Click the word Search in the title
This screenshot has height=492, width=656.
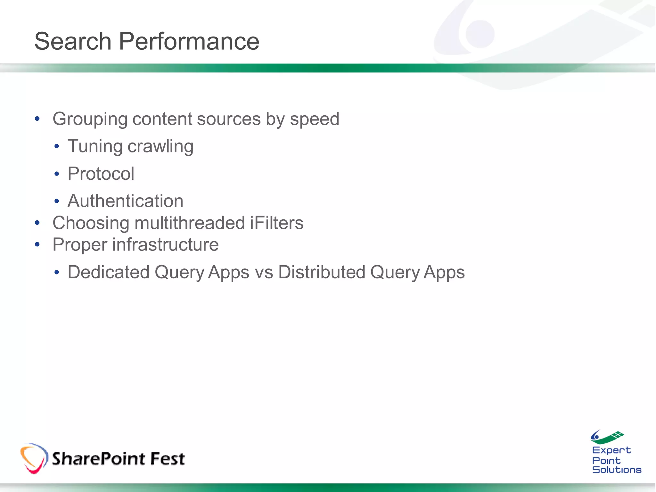[73, 41]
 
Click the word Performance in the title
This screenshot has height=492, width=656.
[189, 41]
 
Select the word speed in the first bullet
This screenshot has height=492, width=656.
[314, 119]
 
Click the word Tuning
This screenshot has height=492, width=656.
[95, 146]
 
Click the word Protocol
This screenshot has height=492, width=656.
[101, 174]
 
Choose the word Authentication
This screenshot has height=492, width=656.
[125, 201]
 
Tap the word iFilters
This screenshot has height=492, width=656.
[276, 223]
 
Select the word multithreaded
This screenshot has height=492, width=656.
[190, 223]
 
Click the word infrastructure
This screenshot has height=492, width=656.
[165, 245]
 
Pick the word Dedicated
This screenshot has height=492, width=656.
[109, 272]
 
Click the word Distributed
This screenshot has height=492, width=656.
[322, 272]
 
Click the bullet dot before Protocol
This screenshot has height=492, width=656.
[57, 174]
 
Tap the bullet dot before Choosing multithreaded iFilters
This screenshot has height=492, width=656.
[37, 223]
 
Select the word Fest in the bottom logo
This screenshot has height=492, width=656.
[167, 458]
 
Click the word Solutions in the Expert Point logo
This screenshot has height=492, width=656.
[617, 470]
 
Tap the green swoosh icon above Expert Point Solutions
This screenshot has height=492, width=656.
[607, 437]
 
